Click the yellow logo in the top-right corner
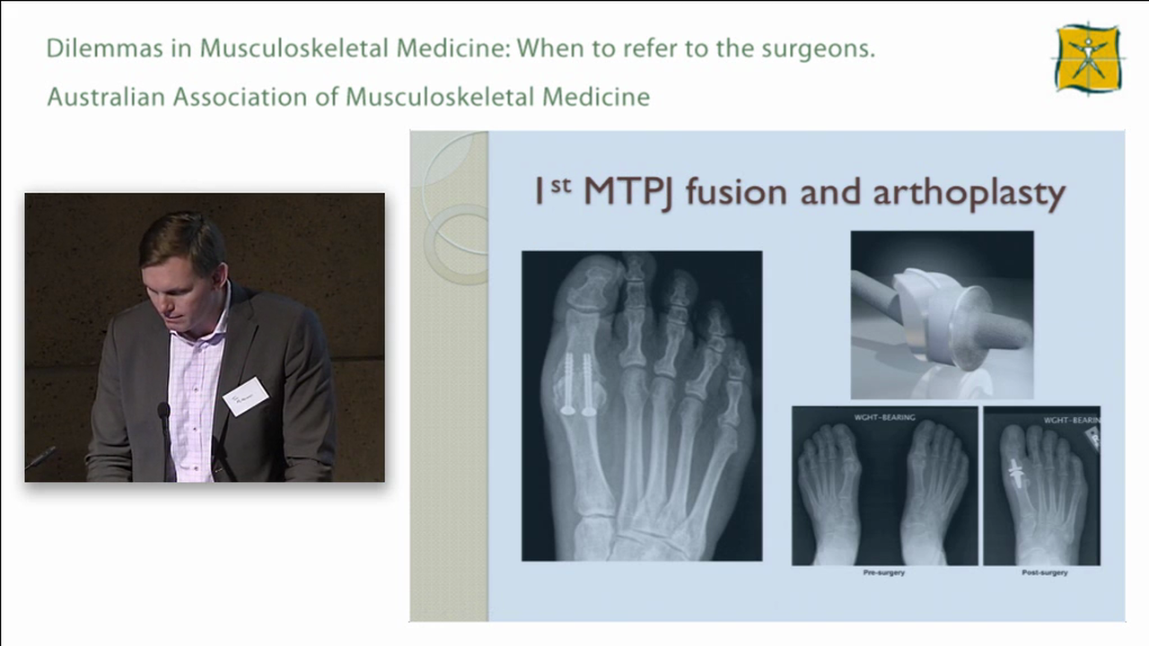(1088, 58)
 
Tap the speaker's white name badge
(245, 396)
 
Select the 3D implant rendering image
(942, 314)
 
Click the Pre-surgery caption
(883, 572)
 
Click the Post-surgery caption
(1044, 572)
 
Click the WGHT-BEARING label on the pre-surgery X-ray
(883, 416)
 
